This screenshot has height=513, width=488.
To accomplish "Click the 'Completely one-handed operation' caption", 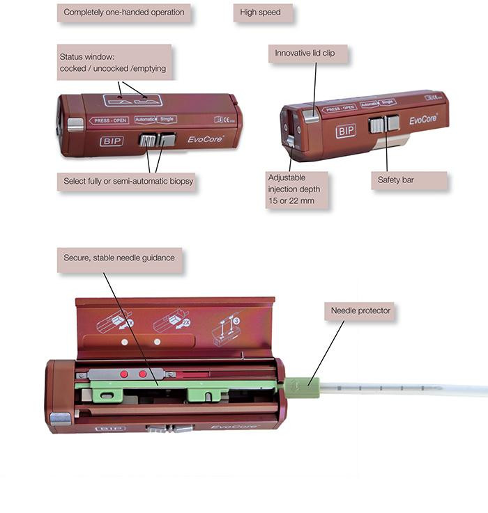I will (x=124, y=13).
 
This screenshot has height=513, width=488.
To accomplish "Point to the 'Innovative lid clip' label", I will (x=307, y=54).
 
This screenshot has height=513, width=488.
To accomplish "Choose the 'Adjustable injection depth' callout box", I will (x=296, y=189).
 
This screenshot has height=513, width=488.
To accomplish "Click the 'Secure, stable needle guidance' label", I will (x=119, y=258).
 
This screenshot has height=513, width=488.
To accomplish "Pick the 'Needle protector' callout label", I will (x=360, y=310).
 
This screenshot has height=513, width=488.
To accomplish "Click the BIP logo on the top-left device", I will (x=112, y=141).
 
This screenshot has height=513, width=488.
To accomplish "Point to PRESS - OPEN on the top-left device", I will (x=109, y=120).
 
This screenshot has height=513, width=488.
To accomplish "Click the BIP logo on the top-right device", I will (x=346, y=131).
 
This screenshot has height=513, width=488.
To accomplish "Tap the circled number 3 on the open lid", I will (x=237, y=322).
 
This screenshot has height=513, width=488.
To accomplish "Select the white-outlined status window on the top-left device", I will (x=132, y=100).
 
